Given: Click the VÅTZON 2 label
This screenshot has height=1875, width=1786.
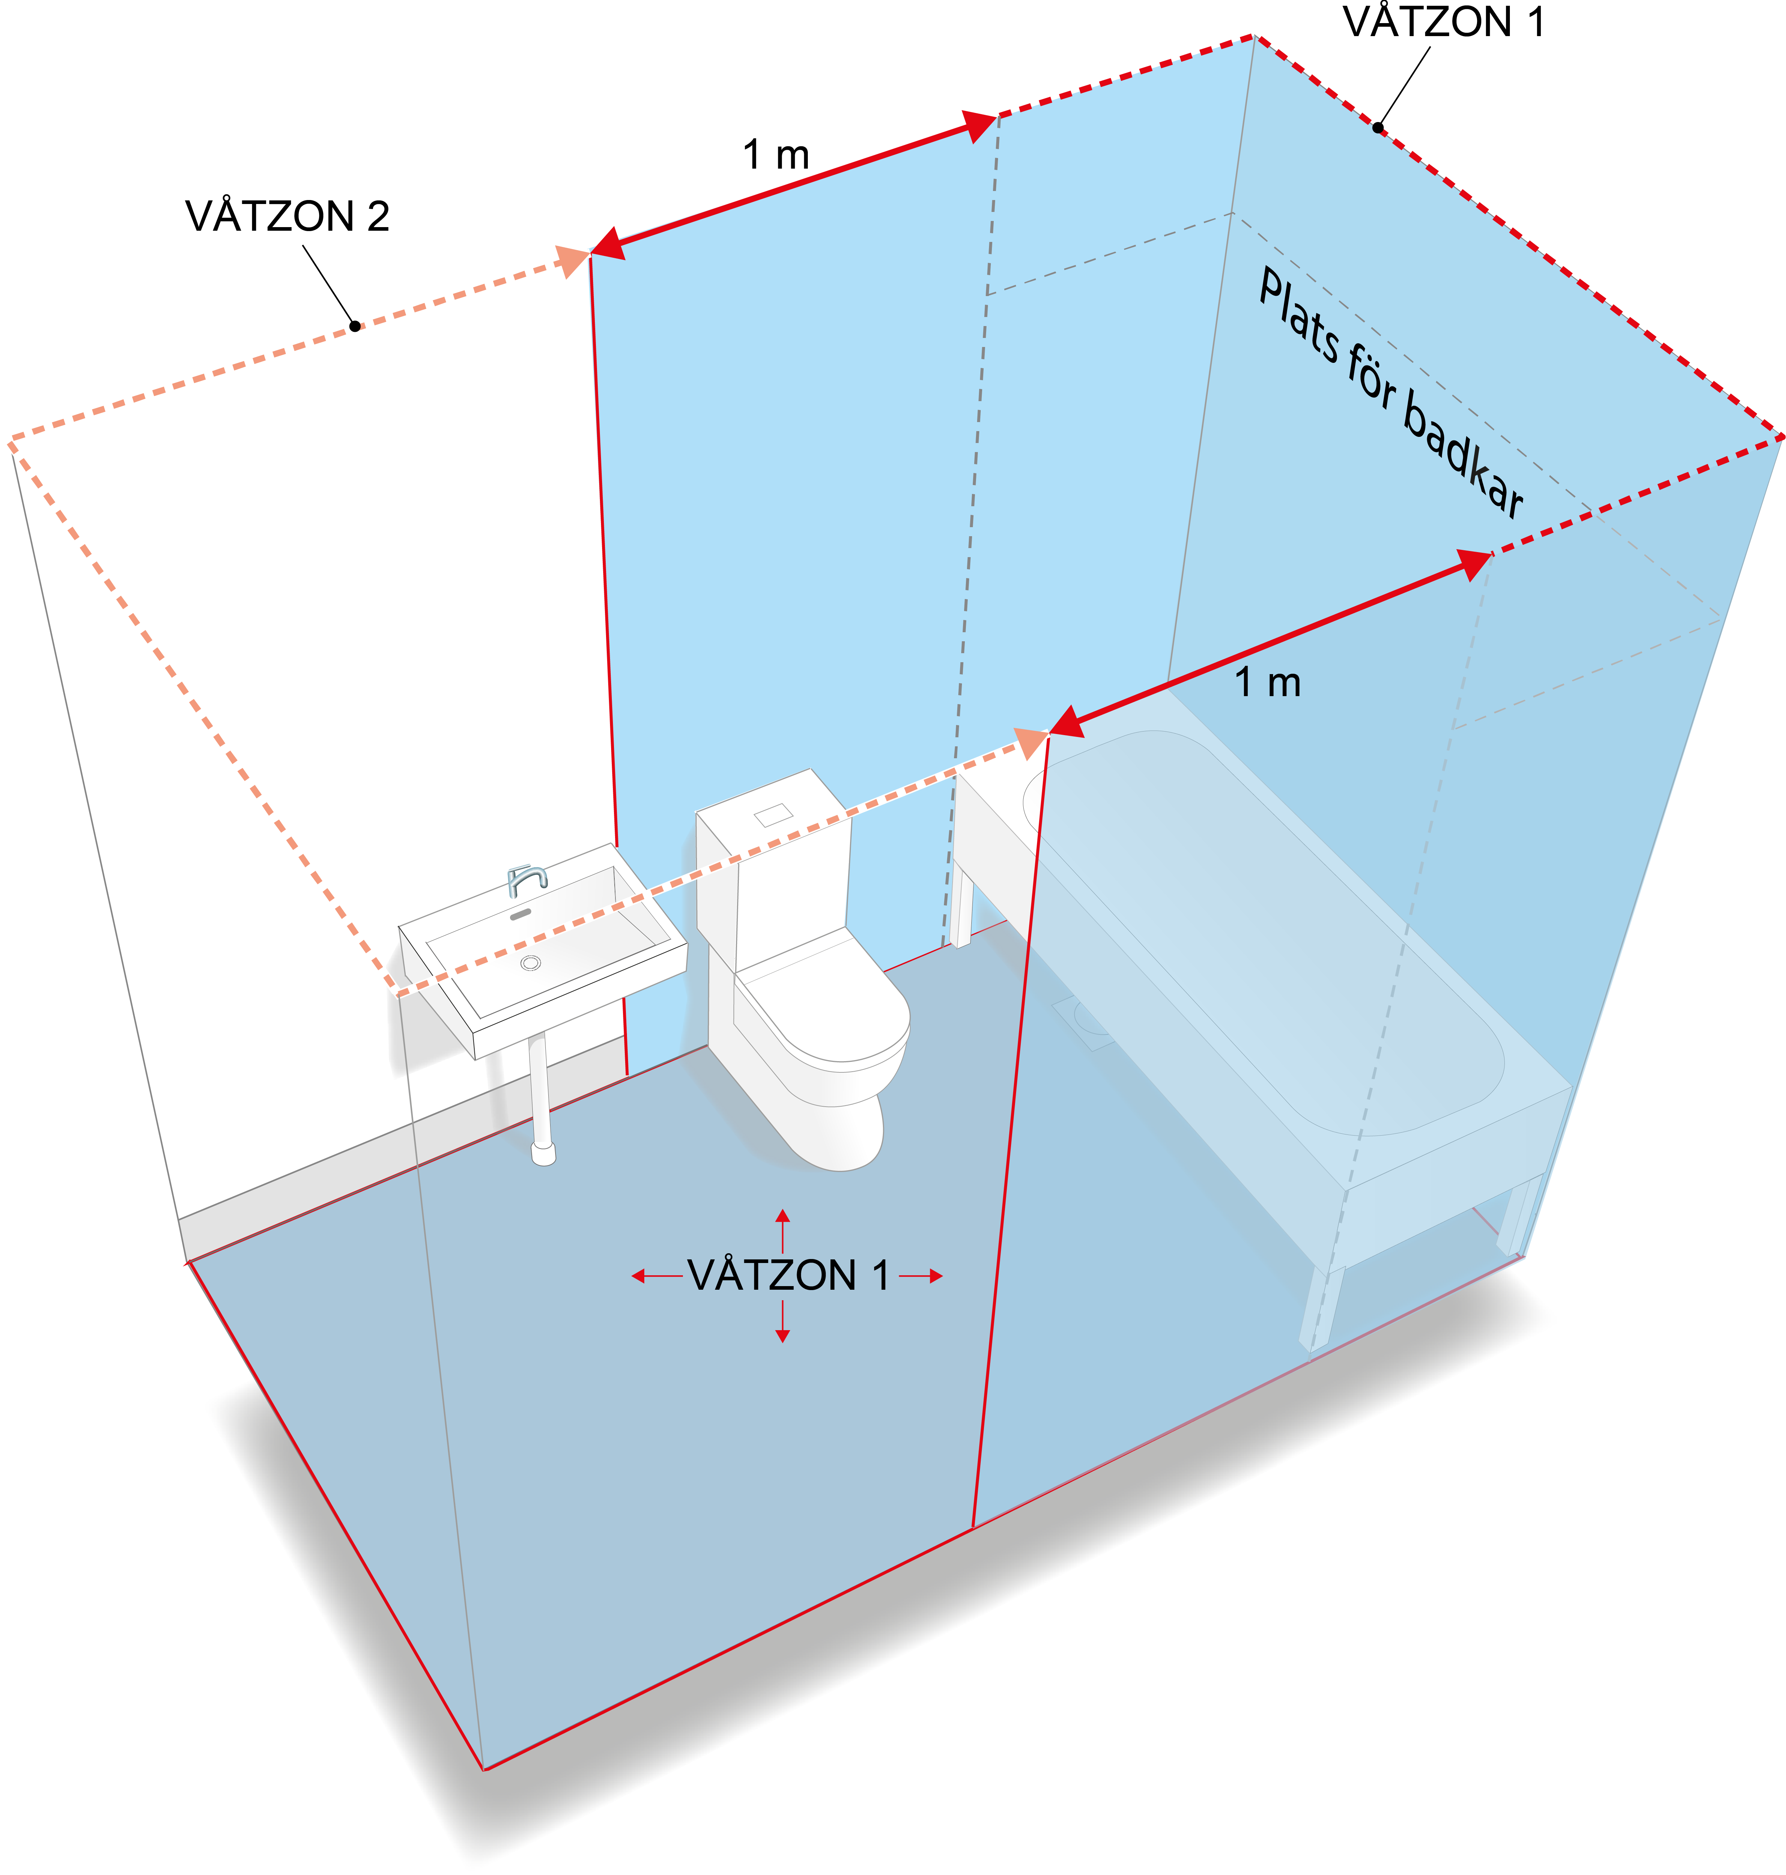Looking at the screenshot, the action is pos(288,216).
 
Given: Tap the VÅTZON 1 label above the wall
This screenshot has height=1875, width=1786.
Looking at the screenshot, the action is pos(1443,22).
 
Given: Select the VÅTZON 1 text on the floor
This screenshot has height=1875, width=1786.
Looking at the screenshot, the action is pos(788,1275).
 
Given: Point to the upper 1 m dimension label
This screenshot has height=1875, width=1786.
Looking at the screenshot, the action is pos(776,154).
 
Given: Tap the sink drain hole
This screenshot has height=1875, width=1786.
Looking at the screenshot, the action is pos(531,963).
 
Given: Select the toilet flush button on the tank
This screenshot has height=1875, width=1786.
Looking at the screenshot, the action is pos(773,815).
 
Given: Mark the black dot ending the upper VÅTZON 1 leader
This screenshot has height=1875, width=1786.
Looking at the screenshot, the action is pos(1378,127).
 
